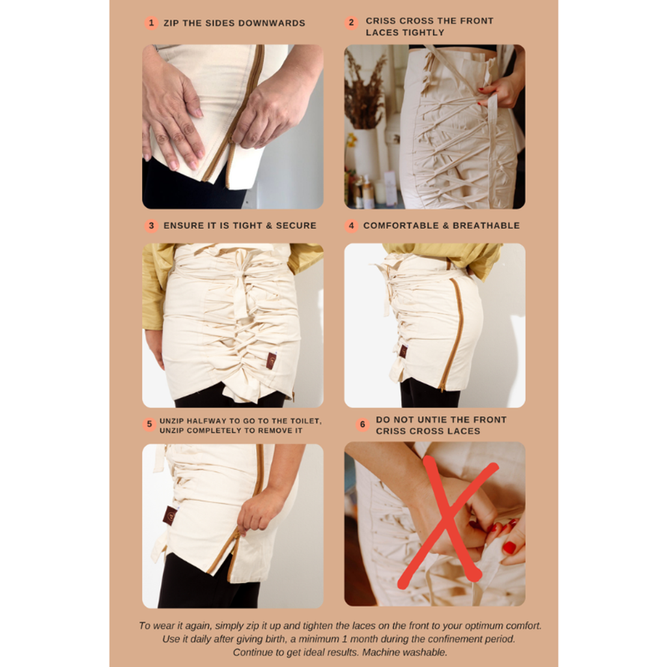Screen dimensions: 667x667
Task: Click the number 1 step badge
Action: tap(151, 23)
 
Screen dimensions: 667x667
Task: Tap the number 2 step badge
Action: tap(351, 23)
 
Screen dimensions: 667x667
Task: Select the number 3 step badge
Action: tap(151, 225)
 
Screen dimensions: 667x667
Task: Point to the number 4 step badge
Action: tap(351, 225)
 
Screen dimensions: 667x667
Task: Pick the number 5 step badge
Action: tap(149, 424)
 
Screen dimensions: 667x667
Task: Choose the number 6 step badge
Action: tap(362, 424)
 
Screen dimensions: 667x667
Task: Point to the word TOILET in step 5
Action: tap(305, 421)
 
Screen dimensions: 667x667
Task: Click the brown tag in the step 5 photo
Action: tap(170, 515)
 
